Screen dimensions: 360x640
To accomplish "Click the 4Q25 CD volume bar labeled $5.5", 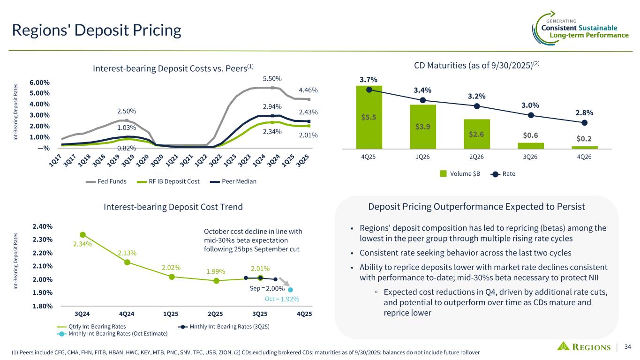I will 369,117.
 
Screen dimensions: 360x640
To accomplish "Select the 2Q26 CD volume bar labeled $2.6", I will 476,134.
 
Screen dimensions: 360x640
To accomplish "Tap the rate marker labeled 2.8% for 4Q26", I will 584,123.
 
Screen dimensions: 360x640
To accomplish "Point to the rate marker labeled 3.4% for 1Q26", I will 422,100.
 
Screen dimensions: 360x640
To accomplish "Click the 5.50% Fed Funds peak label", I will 272,79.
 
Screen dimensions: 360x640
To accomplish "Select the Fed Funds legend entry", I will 106,181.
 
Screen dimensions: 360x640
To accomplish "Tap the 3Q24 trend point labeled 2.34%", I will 83,234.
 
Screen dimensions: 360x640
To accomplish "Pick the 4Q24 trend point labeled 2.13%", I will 127,262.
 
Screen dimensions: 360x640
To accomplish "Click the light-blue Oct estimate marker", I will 291,290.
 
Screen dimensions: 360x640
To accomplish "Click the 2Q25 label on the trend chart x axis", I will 215,313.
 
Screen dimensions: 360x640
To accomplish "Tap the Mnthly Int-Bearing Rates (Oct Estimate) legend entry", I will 112,333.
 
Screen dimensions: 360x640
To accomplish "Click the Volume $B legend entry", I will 460,174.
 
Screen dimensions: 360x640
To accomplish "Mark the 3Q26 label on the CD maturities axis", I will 530,157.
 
